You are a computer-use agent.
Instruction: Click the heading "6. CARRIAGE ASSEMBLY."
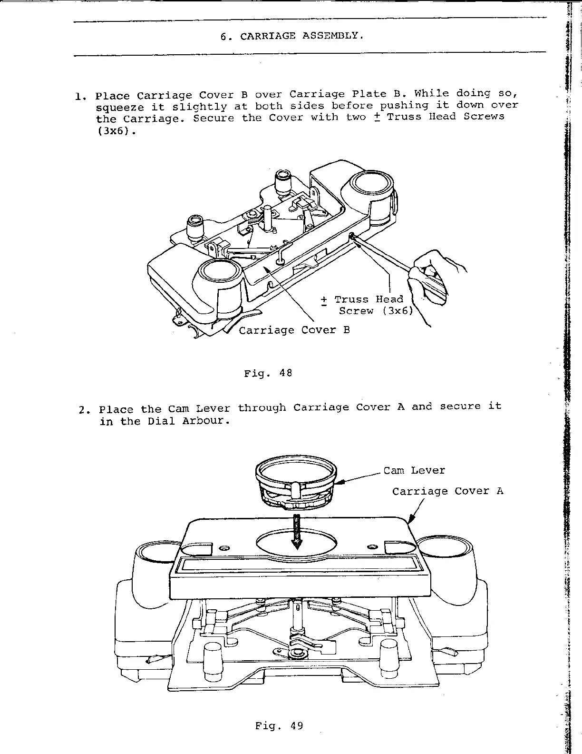click(292, 36)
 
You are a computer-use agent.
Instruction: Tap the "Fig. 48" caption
click(268, 374)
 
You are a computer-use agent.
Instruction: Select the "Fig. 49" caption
click(279, 726)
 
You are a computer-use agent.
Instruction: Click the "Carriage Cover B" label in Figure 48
click(294, 330)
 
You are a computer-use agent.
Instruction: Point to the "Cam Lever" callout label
click(414, 471)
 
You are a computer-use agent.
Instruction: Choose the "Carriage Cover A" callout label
click(447, 491)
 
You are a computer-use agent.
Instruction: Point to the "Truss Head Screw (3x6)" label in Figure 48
click(368, 305)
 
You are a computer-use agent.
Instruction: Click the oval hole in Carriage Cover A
click(297, 544)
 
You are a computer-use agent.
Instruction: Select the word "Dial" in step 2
click(162, 421)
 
